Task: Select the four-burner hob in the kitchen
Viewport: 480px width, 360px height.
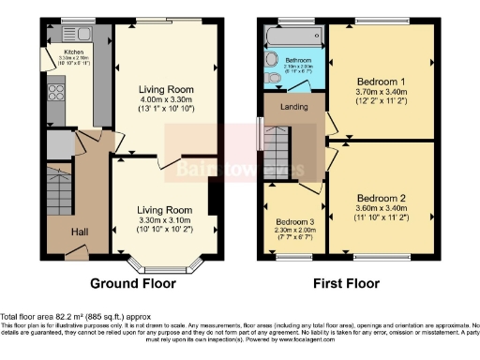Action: tap(53, 92)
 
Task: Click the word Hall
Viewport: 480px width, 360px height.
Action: tap(82, 231)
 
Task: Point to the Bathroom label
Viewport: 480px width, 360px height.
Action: tap(298, 60)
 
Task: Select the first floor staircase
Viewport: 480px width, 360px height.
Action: tap(278, 154)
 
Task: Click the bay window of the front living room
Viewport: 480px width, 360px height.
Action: tap(165, 265)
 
